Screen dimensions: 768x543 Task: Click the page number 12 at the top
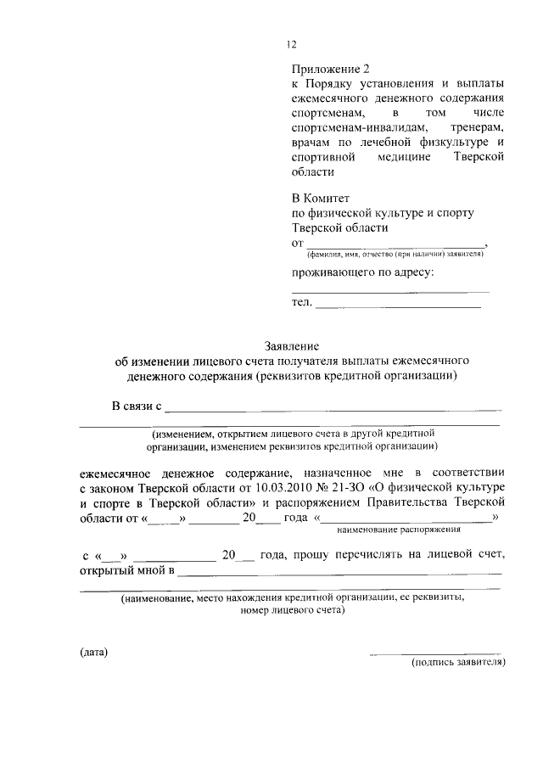pos(292,46)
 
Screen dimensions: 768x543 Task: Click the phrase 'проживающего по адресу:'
pos(362,272)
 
